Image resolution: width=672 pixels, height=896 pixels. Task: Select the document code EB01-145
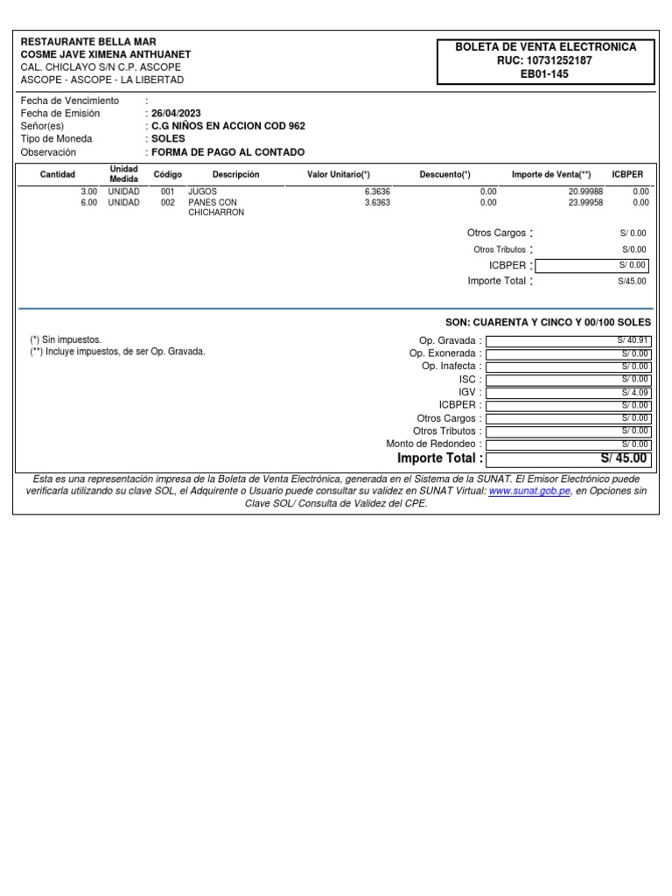(545, 74)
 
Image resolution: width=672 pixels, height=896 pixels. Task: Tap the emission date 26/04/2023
(177, 114)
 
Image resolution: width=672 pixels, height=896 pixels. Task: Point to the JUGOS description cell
(203, 191)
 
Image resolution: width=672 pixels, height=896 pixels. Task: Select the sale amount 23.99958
(585, 202)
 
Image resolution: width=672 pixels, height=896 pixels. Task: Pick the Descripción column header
(236, 175)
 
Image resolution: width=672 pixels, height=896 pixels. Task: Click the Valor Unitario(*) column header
(339, 175)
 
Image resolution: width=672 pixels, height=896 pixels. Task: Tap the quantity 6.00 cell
(88, 202)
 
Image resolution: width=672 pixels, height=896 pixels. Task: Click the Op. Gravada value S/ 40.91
(633, 340)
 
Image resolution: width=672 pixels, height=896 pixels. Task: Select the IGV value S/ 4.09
(635, 392)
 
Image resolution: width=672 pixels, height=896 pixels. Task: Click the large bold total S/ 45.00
(624, 458)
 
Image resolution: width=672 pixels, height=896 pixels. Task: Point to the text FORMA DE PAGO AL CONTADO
(227, 152)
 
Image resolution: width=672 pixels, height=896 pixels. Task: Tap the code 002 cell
(168, 202)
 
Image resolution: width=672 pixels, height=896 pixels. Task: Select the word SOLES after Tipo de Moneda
(168, 139)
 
